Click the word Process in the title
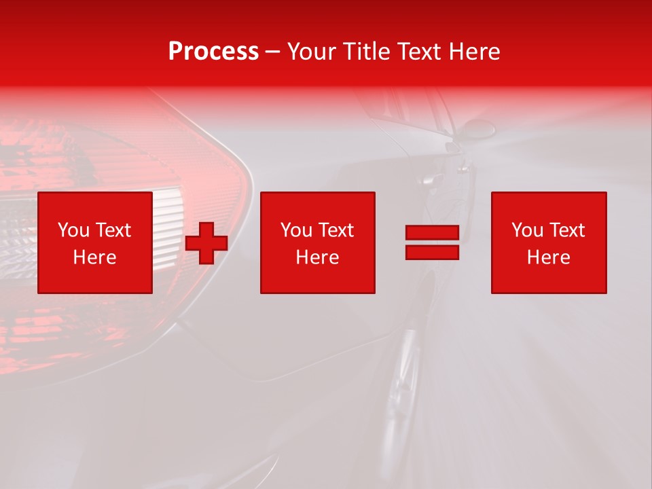213,52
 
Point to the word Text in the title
421,52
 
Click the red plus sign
206,243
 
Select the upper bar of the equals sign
432,233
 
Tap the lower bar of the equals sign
432,252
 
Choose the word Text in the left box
113,230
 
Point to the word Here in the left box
94,257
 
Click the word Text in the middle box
336,230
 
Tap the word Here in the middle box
317,257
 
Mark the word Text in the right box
566,230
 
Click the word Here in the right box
548,257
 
